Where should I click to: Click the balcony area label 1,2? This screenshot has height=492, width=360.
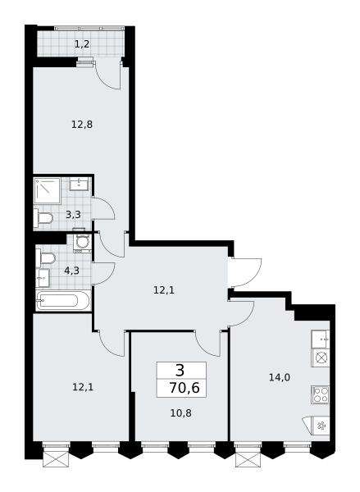[x=82, y=44]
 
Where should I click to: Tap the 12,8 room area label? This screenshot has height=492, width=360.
[x=82, y=125]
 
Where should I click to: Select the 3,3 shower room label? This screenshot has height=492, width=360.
[x=73, y=215]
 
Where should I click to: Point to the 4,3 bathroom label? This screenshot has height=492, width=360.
[x=71, y=271]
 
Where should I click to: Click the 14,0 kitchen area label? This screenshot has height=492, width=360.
[x=280, y=377]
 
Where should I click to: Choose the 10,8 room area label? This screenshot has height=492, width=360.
[x=180, y=413]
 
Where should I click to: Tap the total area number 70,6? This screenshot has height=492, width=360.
[x=185, y=388]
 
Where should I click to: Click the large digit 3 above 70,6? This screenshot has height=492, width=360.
[x=180, y=371]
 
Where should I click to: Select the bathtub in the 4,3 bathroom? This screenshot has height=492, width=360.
[x=63, y=301]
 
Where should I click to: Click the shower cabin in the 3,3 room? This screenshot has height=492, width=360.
[x=47, y=191]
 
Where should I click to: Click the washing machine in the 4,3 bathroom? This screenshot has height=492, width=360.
[x=82, y=243]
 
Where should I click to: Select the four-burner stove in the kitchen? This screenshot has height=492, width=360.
[x=321, y=394]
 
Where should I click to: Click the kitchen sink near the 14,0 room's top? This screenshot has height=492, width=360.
[x=321, y=339]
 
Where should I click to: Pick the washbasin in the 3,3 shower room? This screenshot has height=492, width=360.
[x=79, y=184]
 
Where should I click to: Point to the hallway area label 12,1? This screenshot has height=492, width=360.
[x=164, y=290]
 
